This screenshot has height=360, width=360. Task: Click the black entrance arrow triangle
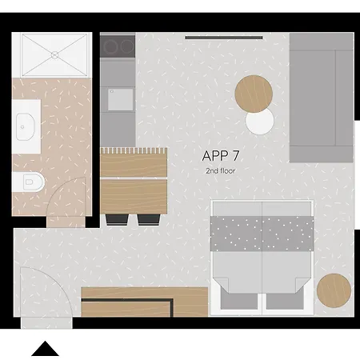pyautogui.click(x=46, y=349)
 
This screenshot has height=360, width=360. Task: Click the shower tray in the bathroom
pyautogui.click(x=54, y=55)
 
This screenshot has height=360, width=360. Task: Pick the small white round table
pyautogui.click(x=260, y=122)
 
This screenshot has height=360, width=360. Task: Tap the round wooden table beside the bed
pyautogui.click(x=334, y=290)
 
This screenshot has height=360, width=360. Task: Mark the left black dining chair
pyautogui.click(x=116, y=218)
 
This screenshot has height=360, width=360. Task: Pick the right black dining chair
pyautogui.click(x=149, y=218)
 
